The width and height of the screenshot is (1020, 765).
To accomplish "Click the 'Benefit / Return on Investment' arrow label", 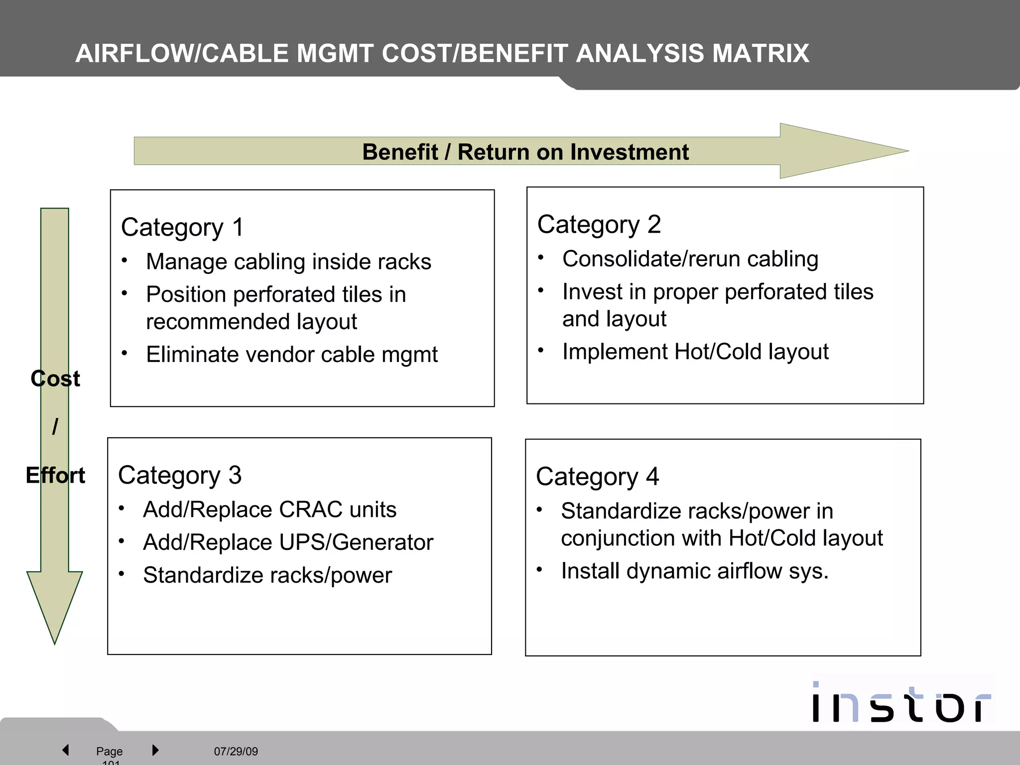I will point(525,152).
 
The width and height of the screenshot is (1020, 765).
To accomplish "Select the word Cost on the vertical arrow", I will point(55,379).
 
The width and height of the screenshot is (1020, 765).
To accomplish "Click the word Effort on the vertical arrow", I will point(55,476).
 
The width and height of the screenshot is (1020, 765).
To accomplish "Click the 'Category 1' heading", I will point(182,228).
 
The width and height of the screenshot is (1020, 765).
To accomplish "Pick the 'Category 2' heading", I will point(599,225).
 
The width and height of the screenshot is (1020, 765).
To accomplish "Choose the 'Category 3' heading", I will point(180,475).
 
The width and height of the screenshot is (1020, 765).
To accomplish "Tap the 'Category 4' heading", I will point(597,477).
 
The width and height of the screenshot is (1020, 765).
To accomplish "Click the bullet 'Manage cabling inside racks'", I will point(288,262).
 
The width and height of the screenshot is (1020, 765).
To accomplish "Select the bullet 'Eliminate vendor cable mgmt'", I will point(292,355).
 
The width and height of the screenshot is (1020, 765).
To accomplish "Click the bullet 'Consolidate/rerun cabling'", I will point(690,259).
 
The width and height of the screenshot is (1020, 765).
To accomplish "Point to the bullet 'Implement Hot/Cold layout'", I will point(695,352).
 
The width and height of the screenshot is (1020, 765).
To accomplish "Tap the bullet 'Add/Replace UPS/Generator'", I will point(288,542).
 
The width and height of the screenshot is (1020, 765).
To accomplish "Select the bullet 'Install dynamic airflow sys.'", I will point(695,571).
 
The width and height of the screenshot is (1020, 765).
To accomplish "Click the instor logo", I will point(900,703).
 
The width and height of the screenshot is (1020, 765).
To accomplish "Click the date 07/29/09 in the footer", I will point(236,751).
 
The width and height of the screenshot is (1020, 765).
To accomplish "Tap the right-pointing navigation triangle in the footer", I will point(155,750).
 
